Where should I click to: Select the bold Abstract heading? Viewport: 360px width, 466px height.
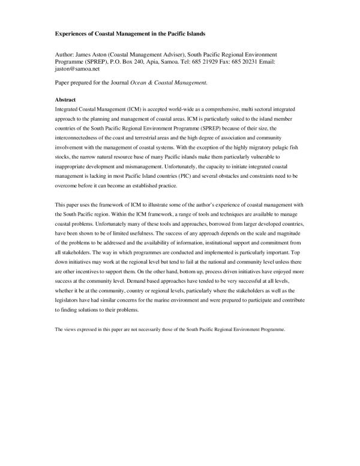(x=65, y=98)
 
